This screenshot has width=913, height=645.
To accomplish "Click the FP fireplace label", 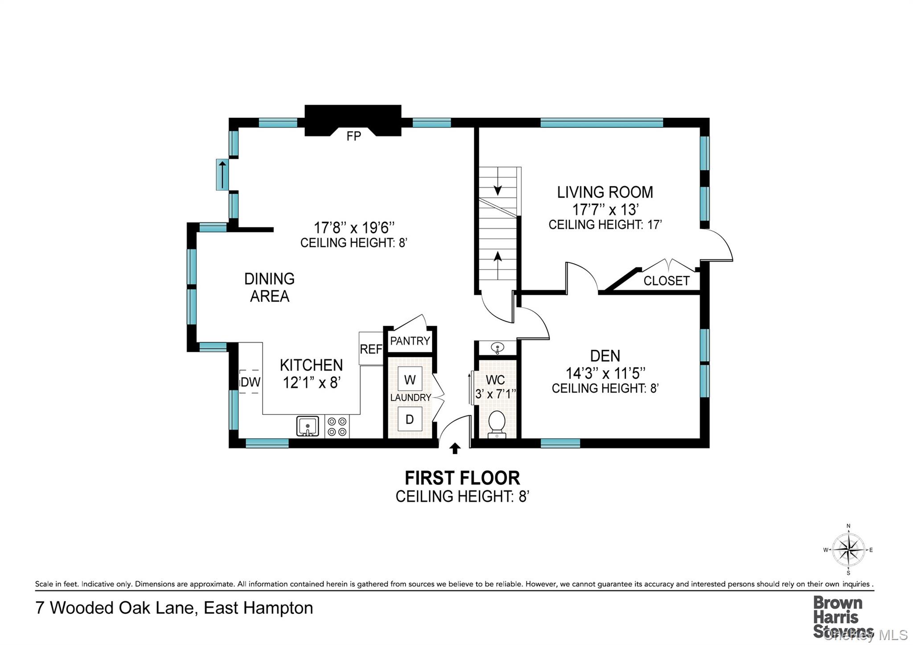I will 354,136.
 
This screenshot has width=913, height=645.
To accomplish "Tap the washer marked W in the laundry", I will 410,379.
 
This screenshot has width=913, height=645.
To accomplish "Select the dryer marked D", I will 410,419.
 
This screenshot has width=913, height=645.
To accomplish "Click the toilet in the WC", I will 497,423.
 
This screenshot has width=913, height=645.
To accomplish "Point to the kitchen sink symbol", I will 308,426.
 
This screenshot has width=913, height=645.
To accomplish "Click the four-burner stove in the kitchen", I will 337,426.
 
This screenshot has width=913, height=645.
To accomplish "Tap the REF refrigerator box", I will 371,349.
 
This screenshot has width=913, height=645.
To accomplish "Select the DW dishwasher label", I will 250,382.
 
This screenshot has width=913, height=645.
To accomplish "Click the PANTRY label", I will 410,341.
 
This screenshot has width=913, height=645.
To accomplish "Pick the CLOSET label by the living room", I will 666,281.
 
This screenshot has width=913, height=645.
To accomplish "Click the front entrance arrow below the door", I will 455,448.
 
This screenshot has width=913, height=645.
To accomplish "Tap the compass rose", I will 848,550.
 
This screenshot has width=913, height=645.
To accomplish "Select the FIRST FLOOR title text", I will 462,478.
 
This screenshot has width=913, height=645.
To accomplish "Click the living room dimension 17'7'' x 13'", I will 605,209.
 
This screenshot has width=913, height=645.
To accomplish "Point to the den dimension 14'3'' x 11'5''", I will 605,372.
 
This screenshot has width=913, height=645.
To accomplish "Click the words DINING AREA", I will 269,287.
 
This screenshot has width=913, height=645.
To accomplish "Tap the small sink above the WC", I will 497,347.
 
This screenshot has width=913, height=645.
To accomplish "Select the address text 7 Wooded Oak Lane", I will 116,608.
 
